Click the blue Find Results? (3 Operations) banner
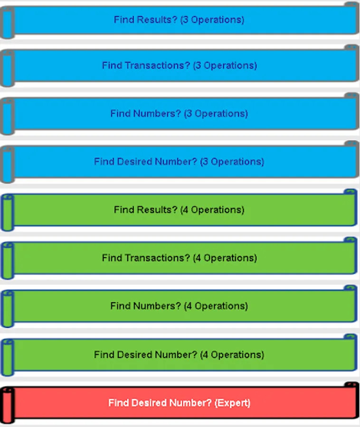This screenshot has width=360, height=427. pos(180,20)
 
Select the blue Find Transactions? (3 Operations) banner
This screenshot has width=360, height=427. pos(180,65)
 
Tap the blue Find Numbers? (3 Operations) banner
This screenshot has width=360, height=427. pos(180,113)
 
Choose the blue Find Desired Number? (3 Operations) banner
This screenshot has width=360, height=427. pos(180,162)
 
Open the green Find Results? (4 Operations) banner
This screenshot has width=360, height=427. pos(180,210)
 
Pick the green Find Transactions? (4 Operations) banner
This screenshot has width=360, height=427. pos(180,258)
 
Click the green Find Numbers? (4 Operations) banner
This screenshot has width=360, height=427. pos(180,306)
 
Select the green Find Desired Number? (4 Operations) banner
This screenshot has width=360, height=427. pos(180,354)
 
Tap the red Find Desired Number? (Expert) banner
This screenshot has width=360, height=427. pos(180,403)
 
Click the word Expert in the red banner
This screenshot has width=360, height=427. pos(232,403)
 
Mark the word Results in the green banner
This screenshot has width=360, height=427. pos(157,210)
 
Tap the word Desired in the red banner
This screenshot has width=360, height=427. pos(149,403)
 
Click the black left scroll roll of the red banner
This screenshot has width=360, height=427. pos(7,405)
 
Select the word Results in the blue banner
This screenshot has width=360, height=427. pos(157,19)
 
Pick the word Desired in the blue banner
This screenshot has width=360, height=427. pos(134,161)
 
